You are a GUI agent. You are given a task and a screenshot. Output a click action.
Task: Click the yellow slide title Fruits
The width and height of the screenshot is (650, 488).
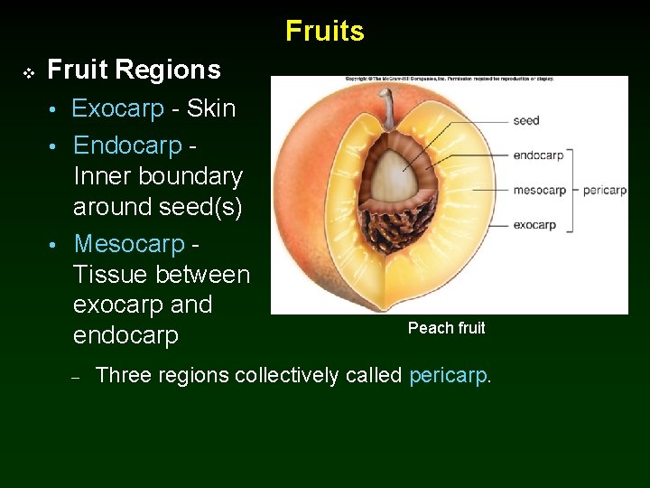325,31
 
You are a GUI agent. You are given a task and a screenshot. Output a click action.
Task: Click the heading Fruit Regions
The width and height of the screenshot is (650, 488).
134,70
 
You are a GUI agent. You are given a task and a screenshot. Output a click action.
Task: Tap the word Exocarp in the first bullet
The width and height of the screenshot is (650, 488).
117,109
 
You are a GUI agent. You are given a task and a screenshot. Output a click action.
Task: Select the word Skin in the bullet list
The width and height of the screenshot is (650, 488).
211,109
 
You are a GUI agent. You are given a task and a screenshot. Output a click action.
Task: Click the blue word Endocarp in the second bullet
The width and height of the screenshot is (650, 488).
127,145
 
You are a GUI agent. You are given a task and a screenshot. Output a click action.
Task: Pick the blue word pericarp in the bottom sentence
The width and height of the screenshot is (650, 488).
448,375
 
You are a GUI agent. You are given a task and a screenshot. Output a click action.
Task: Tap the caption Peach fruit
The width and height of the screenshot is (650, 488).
446,328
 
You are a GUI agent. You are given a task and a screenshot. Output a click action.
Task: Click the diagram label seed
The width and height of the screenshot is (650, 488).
526,121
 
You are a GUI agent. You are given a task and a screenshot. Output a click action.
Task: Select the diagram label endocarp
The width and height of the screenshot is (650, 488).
538,155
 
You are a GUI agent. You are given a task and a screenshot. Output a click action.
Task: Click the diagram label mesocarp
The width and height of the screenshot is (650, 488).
539,191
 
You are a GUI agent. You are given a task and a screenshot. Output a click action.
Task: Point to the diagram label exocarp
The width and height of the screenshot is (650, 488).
534,225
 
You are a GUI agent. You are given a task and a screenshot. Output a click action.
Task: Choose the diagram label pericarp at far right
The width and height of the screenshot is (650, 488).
605,191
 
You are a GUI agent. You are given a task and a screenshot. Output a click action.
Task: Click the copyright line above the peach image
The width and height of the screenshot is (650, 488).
449,79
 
